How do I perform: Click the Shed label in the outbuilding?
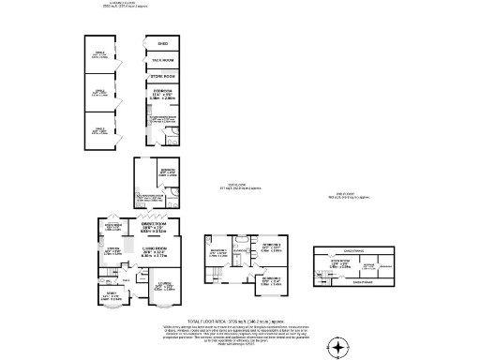163,43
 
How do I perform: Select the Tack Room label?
163,59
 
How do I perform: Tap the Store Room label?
163,75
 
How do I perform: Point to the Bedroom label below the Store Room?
163,94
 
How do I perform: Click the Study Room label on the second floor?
340,264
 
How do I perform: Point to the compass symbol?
339,346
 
